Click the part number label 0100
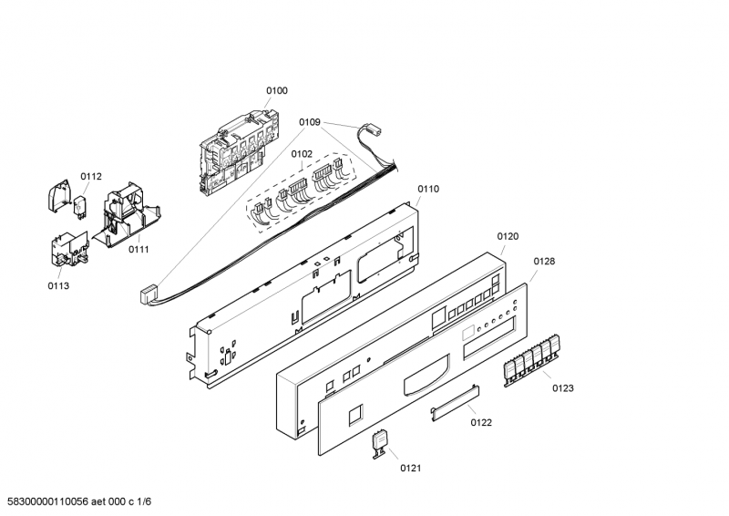click(x=276, y=90)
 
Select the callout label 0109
click(x=310, y=120)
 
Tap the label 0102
click(x=302, y=154)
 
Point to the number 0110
click(x=428, y=189)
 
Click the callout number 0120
click(x=508, y=236)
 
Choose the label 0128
click(x=544, y=261)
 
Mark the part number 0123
click(x=562, y=388)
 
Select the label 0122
click(x=481, y=422)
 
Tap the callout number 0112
click(x=91, y=176)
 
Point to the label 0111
click(x=139, y=249)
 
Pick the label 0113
click(x=58, y=285)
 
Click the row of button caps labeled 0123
click(x=532, y=358)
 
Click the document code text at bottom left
click(x=79, y=502)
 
